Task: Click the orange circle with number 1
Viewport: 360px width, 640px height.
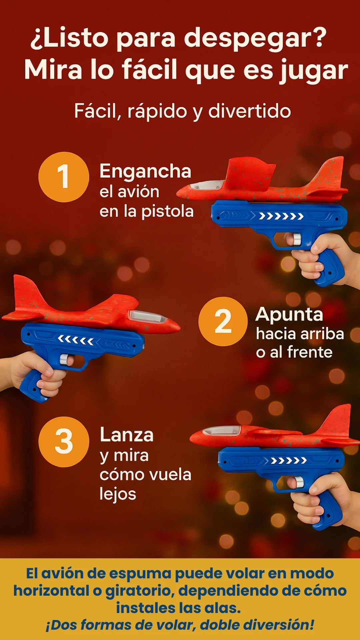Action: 64,177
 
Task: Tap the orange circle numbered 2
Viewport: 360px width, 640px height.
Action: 223,321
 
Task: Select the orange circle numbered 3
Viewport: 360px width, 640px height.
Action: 64,442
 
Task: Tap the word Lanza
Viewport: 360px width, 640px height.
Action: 127,435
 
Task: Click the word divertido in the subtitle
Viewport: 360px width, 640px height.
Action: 250,111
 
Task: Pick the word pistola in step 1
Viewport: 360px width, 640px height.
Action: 168,212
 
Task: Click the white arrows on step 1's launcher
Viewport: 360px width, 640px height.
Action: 281,217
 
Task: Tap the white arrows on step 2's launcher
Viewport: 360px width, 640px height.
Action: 76,340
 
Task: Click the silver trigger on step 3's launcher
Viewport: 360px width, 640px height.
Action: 298,482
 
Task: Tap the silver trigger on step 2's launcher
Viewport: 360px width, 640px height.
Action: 64,359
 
